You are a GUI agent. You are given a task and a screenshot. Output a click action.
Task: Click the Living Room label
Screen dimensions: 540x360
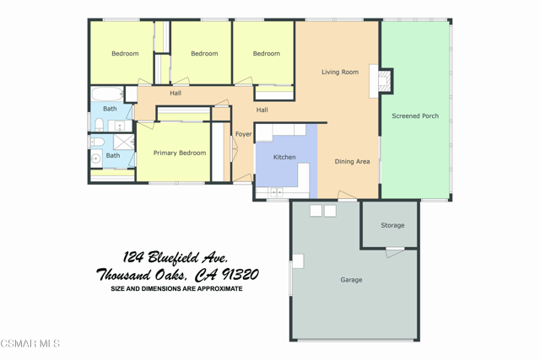click(340, 72)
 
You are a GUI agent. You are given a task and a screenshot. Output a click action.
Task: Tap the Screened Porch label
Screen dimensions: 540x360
click(415, 116)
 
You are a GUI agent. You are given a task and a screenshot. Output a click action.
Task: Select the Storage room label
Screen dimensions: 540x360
click(392, 225)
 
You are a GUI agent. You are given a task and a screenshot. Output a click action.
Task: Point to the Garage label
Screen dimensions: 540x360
click(351, 280)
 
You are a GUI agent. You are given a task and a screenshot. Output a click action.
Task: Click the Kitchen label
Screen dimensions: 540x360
click(284, 157)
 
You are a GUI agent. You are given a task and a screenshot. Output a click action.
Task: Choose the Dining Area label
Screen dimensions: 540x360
click(352, 161)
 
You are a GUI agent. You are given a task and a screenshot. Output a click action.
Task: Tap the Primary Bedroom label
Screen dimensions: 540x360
click(180, 153)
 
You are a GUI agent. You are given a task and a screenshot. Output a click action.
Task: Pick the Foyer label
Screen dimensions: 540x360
click(244, 134)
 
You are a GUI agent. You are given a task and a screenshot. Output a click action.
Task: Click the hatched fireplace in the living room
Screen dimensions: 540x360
click(385, 81)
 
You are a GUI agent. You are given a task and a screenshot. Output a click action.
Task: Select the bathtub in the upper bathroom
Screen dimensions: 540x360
click(107, 94)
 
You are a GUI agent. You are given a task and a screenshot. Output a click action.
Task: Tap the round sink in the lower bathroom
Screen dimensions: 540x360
click(95, 159)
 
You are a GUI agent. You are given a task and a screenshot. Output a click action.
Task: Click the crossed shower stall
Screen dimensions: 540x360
click(124, 142)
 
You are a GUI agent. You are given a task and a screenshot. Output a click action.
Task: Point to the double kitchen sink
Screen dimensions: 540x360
click(277, 191)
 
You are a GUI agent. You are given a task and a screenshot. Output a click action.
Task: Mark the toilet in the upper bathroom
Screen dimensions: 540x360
click(100, 125)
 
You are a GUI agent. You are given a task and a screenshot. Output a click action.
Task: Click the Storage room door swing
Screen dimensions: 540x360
click(395, 253)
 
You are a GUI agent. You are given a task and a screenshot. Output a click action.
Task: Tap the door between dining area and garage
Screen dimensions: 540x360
click(347, 195)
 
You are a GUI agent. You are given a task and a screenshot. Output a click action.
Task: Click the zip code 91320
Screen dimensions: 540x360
click(240, 274)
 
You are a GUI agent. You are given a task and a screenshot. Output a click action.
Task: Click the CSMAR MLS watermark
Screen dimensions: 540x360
click(30, 343)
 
